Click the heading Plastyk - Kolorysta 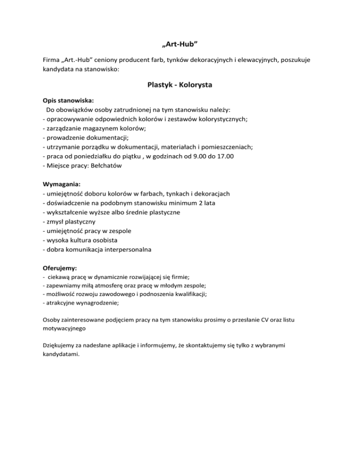coord(180,86)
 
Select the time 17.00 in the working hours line coord(225,156)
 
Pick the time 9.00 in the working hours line coord(189,156)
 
